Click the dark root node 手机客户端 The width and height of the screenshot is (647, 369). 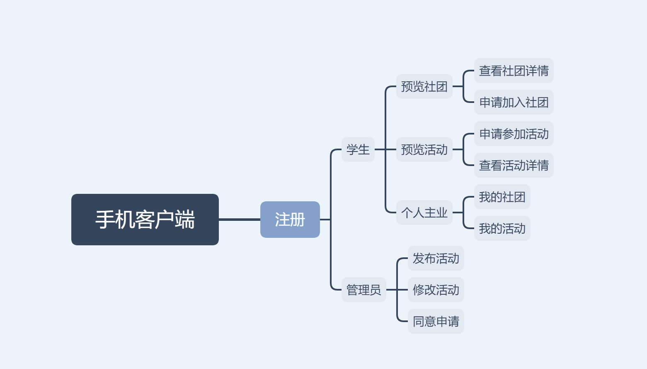[145, 220]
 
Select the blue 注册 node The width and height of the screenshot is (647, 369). [290, 220]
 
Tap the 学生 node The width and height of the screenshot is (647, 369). [358, 149]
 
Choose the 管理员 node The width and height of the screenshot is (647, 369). [364, 290]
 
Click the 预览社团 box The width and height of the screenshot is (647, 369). [424, 86]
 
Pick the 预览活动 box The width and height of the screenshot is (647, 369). [424, 149]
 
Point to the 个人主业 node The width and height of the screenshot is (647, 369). [424, 213]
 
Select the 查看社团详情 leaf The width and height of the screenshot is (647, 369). [514, 71]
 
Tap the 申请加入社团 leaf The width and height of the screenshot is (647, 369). [514, 102]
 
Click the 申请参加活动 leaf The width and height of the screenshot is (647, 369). [514, 134]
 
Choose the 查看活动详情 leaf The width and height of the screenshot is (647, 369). [514, 165]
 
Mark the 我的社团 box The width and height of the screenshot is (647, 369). [502, 197]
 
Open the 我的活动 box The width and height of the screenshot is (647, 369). [502, 228]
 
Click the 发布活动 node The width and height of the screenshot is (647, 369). [436, 258]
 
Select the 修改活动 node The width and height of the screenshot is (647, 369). [436, 290]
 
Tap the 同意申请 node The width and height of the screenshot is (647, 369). [436, 321]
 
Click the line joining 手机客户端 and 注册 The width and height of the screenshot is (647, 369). [240, 220]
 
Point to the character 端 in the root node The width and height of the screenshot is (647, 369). [185, 220]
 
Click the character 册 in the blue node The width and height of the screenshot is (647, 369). [298, 220]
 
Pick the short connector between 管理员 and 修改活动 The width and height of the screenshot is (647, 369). [397, 290]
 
